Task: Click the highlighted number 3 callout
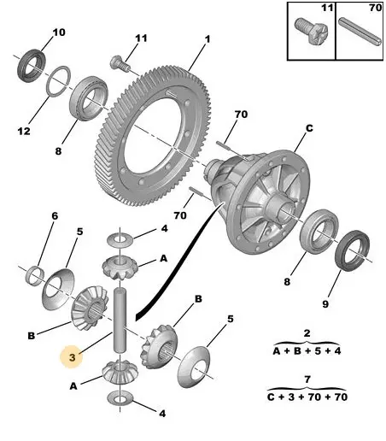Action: point(73,356)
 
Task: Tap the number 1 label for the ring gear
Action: point(208,39)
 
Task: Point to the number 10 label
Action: point(59,32)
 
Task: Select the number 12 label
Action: point(24,131)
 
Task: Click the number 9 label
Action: point(325,304)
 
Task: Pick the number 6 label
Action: point(55,215)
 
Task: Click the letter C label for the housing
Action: point(309,128)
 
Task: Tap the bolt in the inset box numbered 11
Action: point(311,31)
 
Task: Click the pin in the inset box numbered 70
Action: point(360,31)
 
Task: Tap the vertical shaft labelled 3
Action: point(120,320)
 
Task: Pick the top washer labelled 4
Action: point(120,240)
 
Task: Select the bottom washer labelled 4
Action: point(120,397)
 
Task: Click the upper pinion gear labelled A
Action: point(120,268)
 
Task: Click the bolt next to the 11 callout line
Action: point(120,64)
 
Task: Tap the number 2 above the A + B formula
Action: point(307,333)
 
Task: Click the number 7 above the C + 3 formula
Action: point(307,379)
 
